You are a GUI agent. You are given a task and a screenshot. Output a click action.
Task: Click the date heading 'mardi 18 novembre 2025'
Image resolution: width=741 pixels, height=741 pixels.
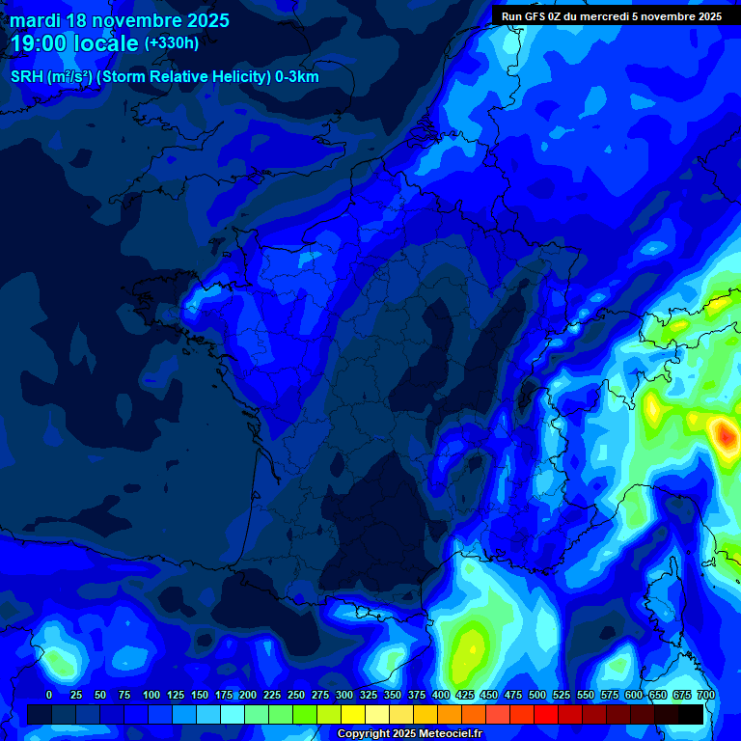tap(120, 20)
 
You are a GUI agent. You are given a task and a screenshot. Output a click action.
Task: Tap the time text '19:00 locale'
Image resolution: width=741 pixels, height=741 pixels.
tap(75, 43)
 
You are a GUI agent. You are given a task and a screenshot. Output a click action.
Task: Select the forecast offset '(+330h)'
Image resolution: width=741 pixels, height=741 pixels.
tap(172, 43)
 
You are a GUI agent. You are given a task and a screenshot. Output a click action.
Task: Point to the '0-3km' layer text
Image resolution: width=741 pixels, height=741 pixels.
tap(296, 77)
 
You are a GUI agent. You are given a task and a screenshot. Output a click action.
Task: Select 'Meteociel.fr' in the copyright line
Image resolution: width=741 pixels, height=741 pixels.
tap(445, 734)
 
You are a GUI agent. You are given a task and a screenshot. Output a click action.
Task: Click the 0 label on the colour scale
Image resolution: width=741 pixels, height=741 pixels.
tap(49, 695)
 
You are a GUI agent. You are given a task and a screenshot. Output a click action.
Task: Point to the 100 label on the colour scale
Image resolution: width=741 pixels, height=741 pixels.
tap(151, 695)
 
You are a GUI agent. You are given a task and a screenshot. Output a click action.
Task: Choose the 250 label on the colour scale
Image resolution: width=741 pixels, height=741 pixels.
tap(296, 695)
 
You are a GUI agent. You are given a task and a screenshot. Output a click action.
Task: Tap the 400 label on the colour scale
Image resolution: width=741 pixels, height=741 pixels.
tap(441, 695)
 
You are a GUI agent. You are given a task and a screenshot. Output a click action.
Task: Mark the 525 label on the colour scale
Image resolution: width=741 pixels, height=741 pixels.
tap(562, 695)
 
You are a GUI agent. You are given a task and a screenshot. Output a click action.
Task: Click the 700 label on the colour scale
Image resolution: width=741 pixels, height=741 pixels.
tap(706, 695)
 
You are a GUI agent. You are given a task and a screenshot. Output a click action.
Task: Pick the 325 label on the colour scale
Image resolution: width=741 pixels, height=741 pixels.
tap(369, 695)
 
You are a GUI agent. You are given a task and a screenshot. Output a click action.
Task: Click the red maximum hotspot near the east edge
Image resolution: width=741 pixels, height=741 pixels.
tap(725, 434)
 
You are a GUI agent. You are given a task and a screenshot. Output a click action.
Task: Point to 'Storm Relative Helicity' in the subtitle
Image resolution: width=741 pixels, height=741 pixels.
tap(193, 77)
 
